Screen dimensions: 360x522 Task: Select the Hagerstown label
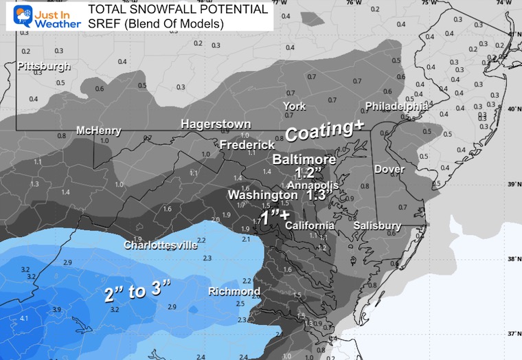216,124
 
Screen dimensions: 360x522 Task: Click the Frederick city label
247,145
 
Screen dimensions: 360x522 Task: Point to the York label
294,106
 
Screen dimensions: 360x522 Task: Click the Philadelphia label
396,106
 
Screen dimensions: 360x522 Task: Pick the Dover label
389,169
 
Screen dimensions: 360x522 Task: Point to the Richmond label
234,291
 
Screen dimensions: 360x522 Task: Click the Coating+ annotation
324,132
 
